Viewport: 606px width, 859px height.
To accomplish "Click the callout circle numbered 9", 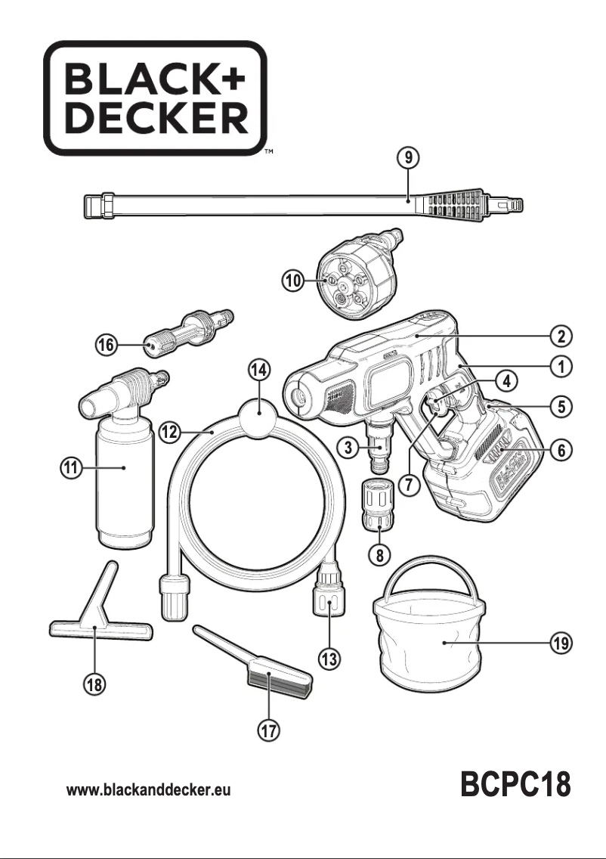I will (x=408, y=158).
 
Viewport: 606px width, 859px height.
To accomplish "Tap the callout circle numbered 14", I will (x=259, y=369).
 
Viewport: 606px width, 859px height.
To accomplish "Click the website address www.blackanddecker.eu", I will (x=149, y=790).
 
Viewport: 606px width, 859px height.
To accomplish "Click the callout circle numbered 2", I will (x=560, y=335).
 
